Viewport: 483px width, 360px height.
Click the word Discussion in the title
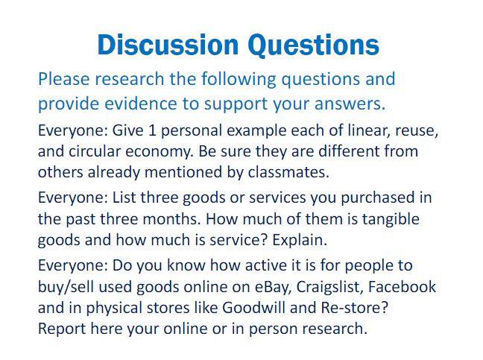pos(168,45)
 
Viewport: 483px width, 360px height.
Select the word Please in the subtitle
pos(64,79)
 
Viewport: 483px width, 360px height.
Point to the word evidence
pos(141,104)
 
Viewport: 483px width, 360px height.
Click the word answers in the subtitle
pos(350,104)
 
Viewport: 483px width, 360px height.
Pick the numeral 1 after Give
pos(152,130)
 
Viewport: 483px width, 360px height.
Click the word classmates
pos(288,172)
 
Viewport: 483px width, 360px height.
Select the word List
pos(124,198)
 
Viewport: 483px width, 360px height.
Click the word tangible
pos(391,220)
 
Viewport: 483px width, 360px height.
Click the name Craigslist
pos(329,287)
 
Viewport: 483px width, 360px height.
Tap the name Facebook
pos(402,287)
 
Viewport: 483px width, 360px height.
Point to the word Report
pos(62,329)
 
